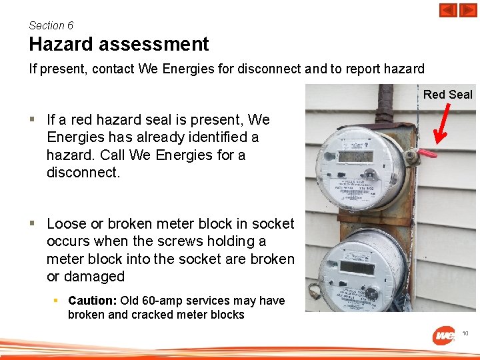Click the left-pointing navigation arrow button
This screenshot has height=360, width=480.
click(x=448, y=11)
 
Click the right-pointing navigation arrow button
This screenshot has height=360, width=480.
click(x=468, y=11)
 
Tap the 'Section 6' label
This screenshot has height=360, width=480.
click(x=51, y=25)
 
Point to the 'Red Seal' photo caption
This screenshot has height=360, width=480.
click(x=447, y=95)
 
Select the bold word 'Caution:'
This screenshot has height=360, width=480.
click(x=91, y=301)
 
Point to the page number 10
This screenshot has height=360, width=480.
click(x=465, y=333)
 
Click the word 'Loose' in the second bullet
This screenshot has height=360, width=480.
click(x=67, y=224)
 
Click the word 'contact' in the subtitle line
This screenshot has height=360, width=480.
click(x=115, y=69)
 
